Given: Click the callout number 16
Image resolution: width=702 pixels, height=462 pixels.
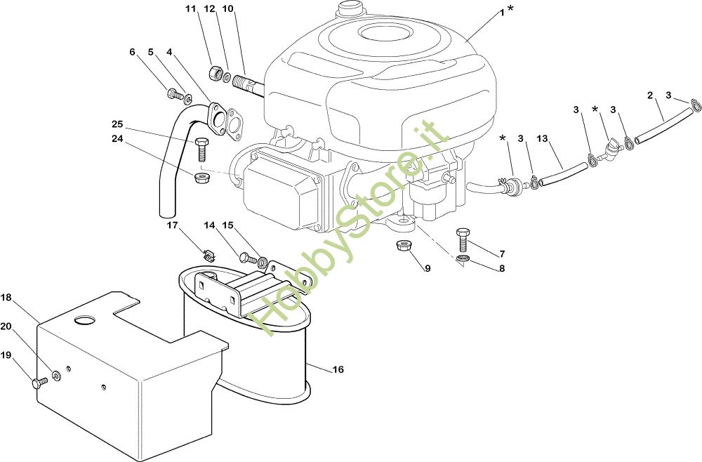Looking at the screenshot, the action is coord(338,369).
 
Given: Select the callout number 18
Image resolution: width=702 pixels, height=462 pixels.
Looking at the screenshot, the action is coord(6,298).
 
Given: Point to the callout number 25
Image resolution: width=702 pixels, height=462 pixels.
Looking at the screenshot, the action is coord(117,124).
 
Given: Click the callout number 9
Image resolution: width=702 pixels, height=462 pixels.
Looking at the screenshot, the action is coord(428,268).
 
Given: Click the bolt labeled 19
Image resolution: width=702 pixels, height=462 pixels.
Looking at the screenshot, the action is coord(39,382).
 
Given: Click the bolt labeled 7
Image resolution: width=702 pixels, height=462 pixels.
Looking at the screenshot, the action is coord(462,239).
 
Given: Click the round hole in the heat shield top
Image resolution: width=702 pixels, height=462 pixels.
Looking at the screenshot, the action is coord(85,320).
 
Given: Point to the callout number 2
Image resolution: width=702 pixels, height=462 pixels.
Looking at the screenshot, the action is coord(650,95).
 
